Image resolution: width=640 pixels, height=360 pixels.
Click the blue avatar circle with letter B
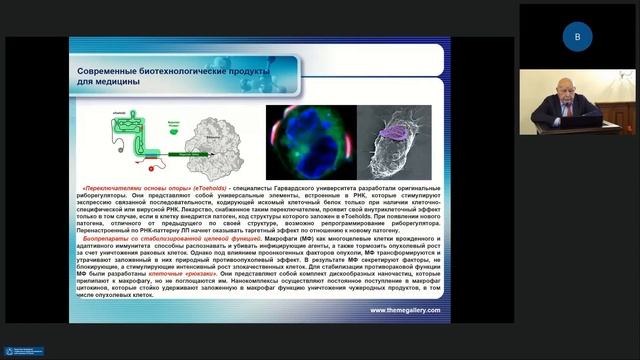click(x=576, y=36)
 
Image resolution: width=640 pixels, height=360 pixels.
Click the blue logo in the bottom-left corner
click(x=23, y=351)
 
